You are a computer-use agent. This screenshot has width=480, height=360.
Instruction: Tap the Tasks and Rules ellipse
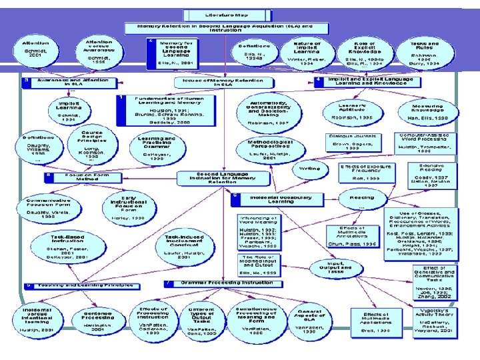click(x=425, y=53)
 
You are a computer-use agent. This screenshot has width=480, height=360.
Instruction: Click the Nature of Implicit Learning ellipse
click(x=307, y=53)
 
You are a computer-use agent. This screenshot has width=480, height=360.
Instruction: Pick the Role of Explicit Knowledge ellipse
click(x=365, y=53)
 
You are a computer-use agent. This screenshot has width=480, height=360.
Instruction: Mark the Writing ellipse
click(x=309, y=168)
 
